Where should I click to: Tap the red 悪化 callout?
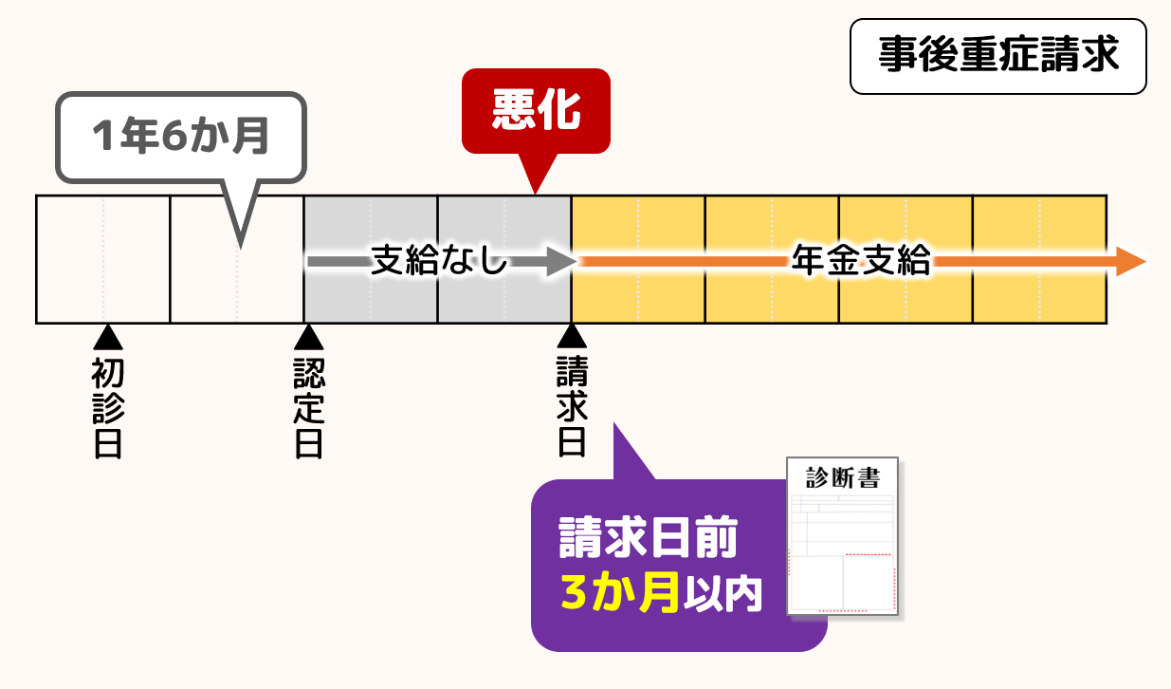(536, 111)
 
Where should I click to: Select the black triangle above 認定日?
(307, 337)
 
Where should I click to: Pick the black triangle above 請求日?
(571, 337)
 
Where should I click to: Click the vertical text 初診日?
(107, 408)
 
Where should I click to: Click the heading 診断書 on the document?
(843, 477)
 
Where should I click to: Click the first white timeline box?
(102, 259)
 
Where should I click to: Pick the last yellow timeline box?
(1040, 259)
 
